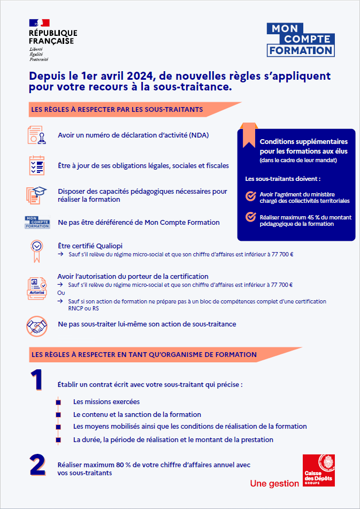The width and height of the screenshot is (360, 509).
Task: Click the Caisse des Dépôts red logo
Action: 319,470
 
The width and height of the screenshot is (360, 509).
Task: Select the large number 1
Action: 36,380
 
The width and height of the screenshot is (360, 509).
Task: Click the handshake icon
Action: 37,325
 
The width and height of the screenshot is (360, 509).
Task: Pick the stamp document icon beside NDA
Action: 36,135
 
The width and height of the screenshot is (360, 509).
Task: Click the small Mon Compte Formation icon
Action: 37,222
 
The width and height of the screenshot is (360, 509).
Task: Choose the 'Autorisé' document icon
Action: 36,288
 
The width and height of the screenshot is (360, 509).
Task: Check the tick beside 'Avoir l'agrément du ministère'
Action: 250,196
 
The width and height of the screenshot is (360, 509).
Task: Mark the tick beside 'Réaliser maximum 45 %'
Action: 250,217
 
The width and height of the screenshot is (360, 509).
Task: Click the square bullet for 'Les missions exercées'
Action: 58,402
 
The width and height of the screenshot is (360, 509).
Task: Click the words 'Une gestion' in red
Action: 274,484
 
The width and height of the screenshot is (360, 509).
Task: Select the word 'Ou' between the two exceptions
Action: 61,293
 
